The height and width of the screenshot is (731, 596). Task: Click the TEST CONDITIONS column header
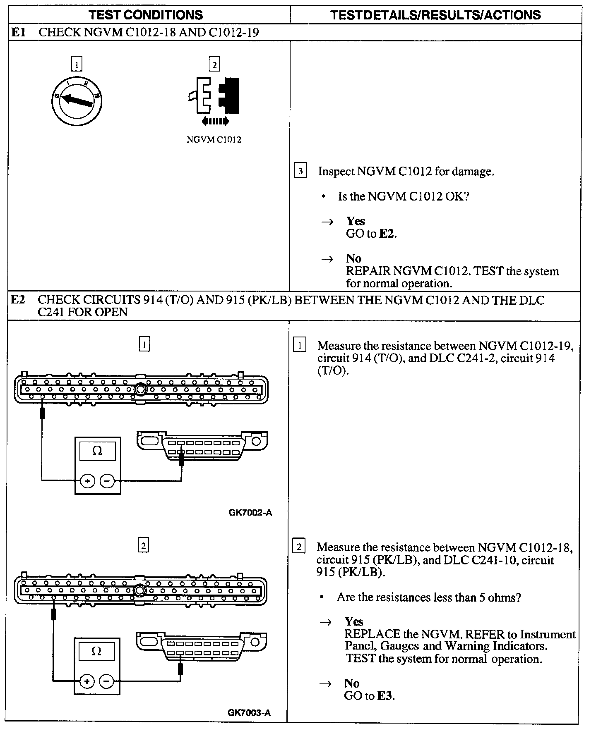(146, 15)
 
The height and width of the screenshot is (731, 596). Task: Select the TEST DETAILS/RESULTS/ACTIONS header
(435, 15)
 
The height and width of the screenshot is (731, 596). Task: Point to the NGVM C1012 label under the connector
(214, 140)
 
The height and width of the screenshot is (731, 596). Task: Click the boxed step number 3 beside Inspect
(300, 171)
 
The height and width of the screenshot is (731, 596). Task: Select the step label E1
(19, 32)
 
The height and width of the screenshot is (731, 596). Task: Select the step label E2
(18, 300)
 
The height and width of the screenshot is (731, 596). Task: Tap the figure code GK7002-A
(250, 513)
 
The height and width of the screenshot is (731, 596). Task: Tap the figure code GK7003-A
(249, 712)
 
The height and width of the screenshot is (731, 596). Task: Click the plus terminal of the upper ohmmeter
(87, 481)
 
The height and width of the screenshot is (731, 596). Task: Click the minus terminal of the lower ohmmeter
(106, 681)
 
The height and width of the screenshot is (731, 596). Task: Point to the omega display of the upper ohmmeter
(97, 451)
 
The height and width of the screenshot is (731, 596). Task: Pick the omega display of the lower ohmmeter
(96, 651)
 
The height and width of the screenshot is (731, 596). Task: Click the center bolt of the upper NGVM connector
(141, 389)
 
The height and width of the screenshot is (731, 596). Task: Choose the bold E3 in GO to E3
(385, 696)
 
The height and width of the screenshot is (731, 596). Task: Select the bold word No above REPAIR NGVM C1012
(353, 258)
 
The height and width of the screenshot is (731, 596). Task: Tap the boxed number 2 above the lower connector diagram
(143, 546)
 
